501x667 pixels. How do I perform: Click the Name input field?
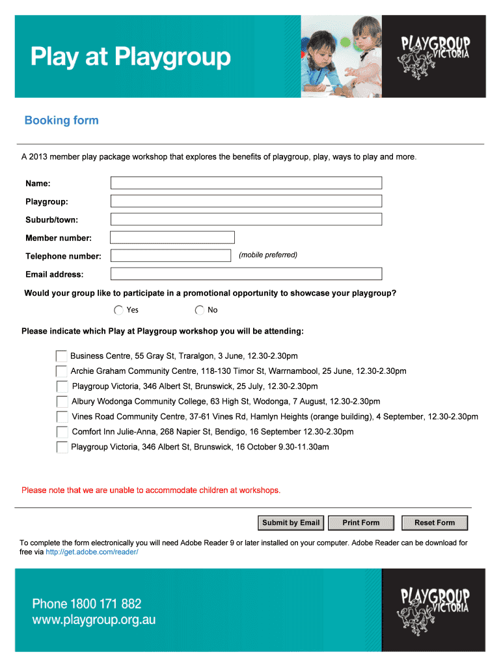pyautogui.click(x=246, y=183)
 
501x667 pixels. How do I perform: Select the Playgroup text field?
pyautogui.click(x=246, y=201)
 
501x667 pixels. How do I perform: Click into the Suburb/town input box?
pyautogui.click(x=246, y=220)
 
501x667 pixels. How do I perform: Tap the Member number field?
pyautogui.click(x=172, y=238)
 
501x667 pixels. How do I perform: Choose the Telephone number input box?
pyautogui.click(x=170, y=256)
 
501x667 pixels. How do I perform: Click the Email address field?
pyautogui.click(x=246, y=274)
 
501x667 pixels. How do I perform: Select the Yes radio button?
pyautogui.click(x=118, y=310)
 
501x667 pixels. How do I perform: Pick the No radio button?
pyautogui.click(x=200, y=310)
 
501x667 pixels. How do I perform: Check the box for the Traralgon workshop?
pyautogui.click(x=62, y=356)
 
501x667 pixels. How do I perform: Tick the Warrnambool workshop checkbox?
pyautogui.click(x=62, y=371)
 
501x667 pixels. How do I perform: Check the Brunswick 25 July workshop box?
pyautogui.click(x=62, y=386)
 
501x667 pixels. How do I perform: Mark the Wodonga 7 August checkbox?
pyautogui.click(x=62, y=401)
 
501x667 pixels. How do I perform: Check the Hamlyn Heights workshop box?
pyautogui.click(x=62, y=417)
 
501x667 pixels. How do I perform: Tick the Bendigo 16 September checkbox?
pyautogui.click(x=62, y=432)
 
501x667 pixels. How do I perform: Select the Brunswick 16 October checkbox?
pyautogui.click(x=62, y=447)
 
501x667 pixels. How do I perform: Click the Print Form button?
pyautogui.click(x=360, y=522)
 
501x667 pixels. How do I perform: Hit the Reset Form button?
pyautogui.click(x=435, y=522)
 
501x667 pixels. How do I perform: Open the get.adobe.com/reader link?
pyautogui.click(x=92, y=552)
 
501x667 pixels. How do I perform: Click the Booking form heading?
pyautogui.click(x=61, y=121)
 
